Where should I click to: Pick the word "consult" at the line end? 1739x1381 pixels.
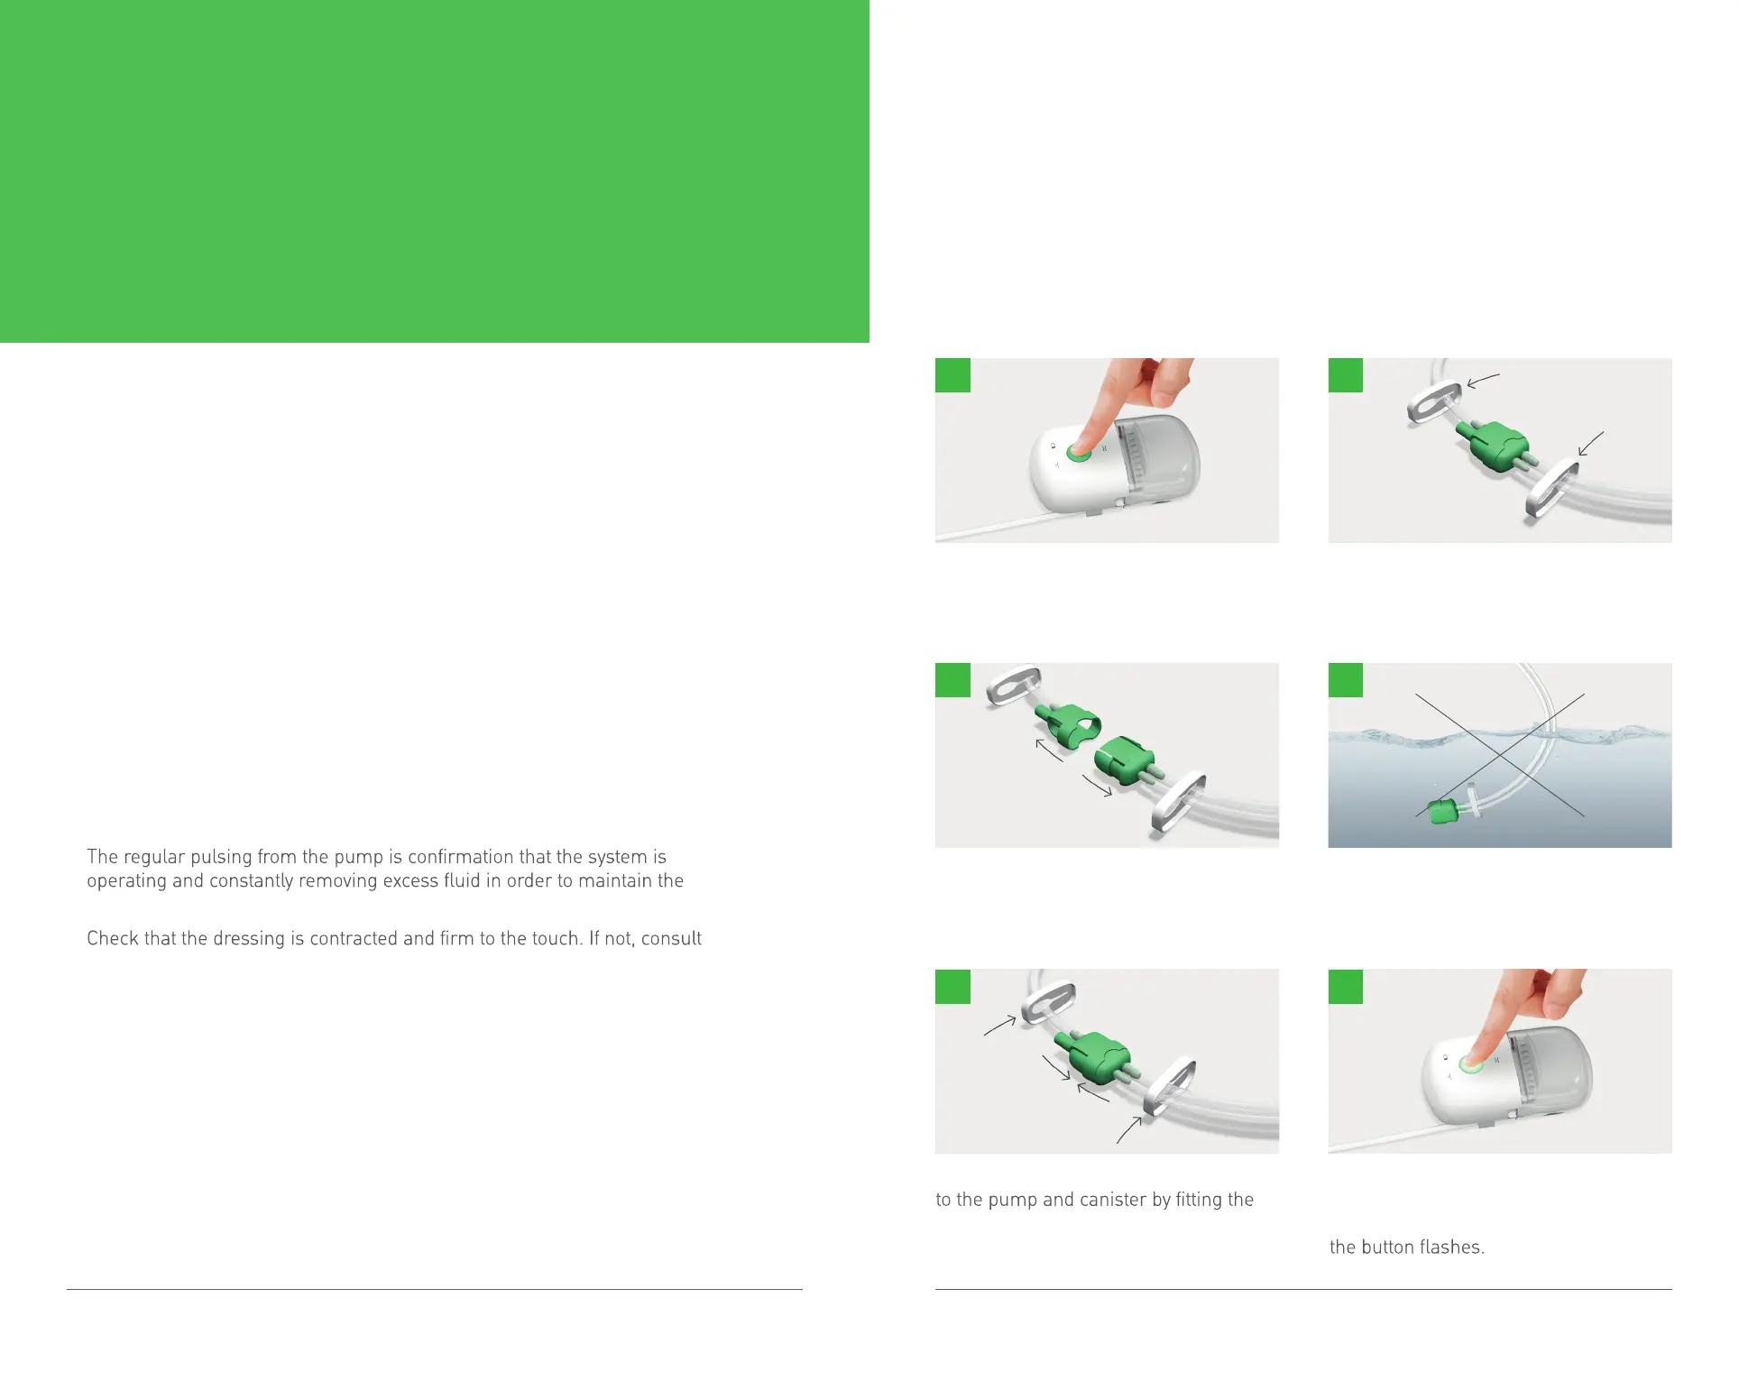(671, 938)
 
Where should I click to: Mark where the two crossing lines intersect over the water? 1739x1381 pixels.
(1500, 754)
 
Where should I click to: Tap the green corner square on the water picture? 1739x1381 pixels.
(1346, 680)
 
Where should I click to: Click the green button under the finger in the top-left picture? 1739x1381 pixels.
(1079, 453)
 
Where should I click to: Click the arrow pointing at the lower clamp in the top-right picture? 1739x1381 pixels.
(1590, 443)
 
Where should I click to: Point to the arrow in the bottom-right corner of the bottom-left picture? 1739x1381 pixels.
(1129, 1130)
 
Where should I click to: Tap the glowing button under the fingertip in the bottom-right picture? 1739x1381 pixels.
(1471, 1065)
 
